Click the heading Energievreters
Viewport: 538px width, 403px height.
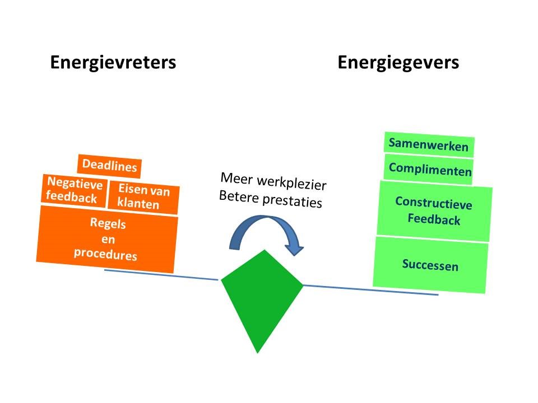113,63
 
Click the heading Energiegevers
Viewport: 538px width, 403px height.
398,63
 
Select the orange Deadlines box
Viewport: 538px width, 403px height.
110,166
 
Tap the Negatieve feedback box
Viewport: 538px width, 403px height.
73,190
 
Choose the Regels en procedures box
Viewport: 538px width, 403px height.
106,239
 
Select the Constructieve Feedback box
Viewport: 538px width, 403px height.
434,210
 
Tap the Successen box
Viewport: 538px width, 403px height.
430,265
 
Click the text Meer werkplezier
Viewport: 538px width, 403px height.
273,181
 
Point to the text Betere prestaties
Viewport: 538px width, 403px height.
270,199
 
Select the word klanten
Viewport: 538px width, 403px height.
138,204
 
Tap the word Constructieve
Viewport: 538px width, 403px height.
434,203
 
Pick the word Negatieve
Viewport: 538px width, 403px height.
75,183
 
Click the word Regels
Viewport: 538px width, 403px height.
108,224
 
